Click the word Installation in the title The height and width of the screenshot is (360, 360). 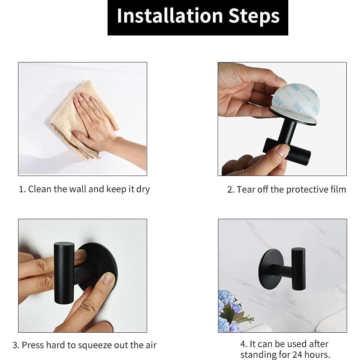coord(170,16)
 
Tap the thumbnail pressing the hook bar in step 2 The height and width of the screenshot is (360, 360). coord(283,150)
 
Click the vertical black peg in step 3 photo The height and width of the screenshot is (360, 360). coord(64,273)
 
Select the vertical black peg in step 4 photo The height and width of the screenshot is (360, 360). coord(299,269)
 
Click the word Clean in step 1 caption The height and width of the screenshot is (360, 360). coord(40,189)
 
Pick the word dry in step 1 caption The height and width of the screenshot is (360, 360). coord(143,190)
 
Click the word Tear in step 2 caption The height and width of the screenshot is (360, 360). coord(246,190)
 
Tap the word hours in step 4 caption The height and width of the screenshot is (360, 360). coord(317,355)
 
